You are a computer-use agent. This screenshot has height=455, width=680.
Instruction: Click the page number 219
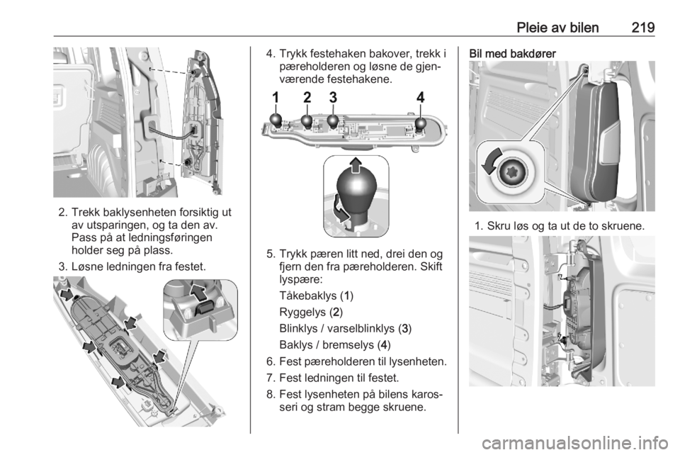(642, 28)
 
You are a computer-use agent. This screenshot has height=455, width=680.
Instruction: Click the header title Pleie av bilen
(557, 28)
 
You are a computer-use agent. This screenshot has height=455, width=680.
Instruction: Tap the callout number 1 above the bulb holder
(276, 98)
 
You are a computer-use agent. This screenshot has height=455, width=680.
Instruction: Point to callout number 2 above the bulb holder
(307, 98)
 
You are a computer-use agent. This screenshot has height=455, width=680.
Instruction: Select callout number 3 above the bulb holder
(333, 97)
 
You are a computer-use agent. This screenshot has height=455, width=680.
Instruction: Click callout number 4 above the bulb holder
(420, 98)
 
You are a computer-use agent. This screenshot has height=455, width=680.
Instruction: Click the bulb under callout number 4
(421, 125)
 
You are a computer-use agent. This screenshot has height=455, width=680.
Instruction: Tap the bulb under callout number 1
(276, 120)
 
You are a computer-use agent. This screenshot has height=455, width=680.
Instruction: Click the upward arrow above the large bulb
(356, 164)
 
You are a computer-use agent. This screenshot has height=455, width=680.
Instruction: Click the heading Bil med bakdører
(512, 54)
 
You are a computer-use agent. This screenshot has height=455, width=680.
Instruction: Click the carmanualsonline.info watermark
(574, 443)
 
